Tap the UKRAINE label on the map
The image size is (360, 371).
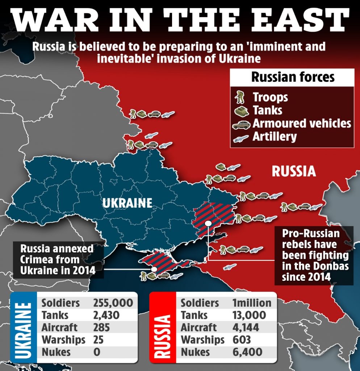click(127, 203)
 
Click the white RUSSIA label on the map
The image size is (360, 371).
click(294, 171)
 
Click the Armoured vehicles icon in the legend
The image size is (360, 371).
click(241, 124)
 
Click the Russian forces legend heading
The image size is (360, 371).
click(293, 77)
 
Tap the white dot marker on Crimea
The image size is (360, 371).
click(154, 269)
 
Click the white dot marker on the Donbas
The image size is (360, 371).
click(208, 224)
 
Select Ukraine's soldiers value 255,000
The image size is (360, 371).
click(113, 303)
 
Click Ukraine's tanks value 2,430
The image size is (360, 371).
click(106, 315)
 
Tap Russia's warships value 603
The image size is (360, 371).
click(241, 339)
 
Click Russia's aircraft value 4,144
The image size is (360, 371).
click(246, 328)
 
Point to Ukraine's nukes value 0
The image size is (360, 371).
click(97, 352)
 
